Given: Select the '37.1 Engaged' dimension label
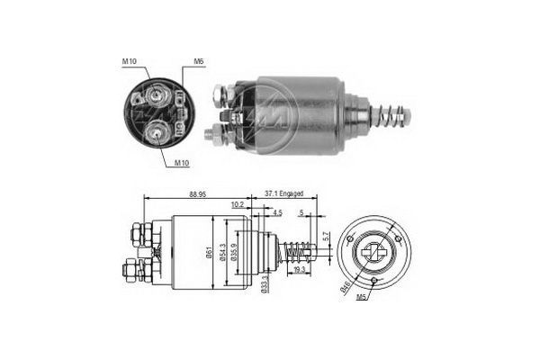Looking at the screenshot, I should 283,193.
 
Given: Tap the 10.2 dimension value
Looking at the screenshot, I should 238,205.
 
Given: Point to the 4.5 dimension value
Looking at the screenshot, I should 278,213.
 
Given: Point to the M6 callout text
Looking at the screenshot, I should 197,62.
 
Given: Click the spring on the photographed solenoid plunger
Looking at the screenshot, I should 392,116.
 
